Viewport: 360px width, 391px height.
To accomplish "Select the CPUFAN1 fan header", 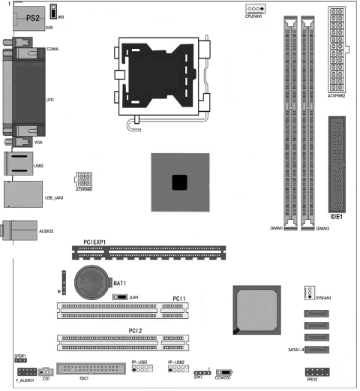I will (x=255, y=10).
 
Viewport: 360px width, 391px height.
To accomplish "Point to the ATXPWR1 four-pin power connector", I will (x=83, y=181).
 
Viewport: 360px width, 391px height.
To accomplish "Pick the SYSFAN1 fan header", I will (x=307, y=293).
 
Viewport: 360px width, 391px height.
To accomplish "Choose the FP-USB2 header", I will (x=178, y=370).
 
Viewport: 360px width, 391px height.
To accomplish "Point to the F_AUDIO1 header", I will (x=25, y=371).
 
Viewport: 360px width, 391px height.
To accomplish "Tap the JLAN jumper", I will (x=118, y=297).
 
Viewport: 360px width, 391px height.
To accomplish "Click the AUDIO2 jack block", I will (x=18, y=230).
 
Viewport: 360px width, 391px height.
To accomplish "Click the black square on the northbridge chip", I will (x=178, y=182).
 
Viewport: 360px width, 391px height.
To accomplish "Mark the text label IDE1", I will (x=337, y=217).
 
